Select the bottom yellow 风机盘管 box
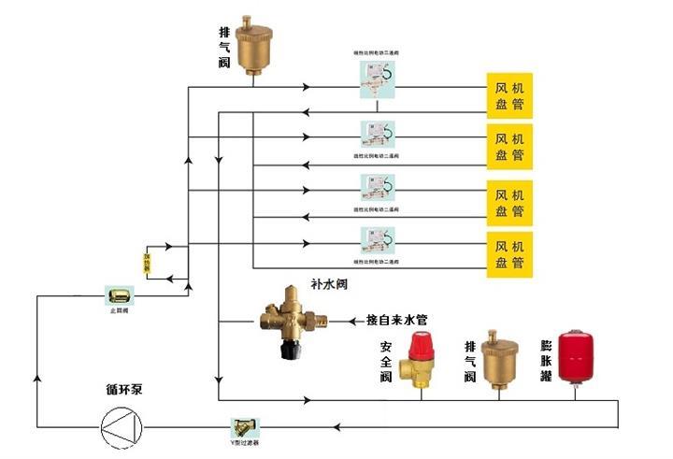coord(508,255)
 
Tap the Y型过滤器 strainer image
coord(245,426)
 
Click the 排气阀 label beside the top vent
coord(224,47)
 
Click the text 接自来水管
coord(395,321)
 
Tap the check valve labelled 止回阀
coord(119,295)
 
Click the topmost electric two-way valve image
coord(376,82)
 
